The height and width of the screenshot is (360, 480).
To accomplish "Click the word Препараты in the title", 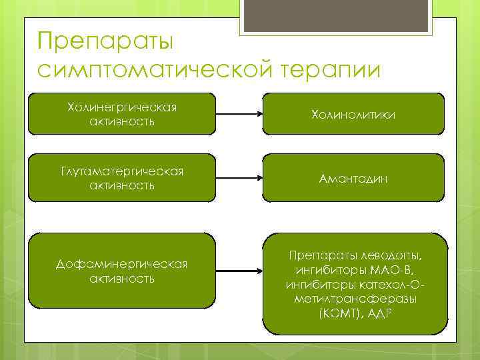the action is tap(105, 41).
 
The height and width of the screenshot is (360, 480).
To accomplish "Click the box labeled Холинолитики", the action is tap(353, 115).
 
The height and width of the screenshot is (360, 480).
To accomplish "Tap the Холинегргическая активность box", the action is tap(122, 114).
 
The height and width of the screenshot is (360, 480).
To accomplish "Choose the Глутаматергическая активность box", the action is tap(122, 179).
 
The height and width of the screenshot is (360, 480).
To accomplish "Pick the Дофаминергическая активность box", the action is tap(122, 271).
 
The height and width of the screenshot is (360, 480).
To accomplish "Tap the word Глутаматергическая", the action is tap(122, 172).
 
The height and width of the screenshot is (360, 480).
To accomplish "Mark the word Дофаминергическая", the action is tap(122, 265).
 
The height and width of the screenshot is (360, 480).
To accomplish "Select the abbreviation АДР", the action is tap(379, 313).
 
